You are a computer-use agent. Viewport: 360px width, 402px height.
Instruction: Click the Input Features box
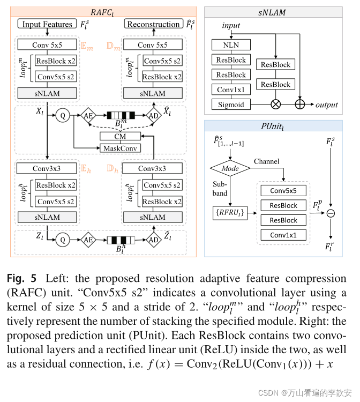coord(47,24)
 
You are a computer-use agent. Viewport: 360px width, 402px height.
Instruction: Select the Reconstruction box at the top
coord(153,24)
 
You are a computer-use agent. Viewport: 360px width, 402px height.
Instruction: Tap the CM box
coord(120,137)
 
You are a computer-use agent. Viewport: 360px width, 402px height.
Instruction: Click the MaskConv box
coord(120,147)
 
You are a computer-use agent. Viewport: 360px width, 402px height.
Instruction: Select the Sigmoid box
coord(231,105)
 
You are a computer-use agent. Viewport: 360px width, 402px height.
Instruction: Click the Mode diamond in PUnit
coord(230,168)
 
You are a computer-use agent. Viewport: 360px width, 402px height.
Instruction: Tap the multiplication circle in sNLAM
coord(276,105)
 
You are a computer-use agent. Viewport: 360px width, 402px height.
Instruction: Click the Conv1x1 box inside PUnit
coord(283,235)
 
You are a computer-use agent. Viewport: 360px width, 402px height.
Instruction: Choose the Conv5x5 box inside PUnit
coord(283,190)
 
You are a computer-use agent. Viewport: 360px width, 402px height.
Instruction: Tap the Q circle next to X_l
coord(63,115)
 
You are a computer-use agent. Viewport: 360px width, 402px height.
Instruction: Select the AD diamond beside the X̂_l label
coord(153,115)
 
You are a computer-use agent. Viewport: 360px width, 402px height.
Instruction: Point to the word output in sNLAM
coord(326,105)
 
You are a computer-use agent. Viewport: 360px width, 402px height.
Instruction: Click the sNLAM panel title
coord(275,11)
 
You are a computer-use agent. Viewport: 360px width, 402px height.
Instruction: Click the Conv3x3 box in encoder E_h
coord(47,168)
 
